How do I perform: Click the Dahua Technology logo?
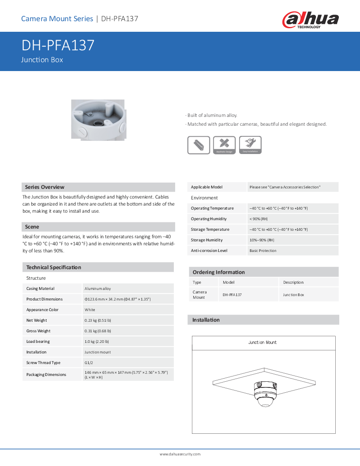tap(311, 20)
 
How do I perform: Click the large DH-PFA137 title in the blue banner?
tap(58, 45)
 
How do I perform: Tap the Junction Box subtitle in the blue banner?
tap(42, 60)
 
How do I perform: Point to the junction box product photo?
tap(98, 119)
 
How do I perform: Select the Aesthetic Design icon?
tap(224, 145)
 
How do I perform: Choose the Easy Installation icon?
tap(250, 145)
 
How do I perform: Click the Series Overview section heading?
tap(45, 187)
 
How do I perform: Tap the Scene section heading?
tap(32, 227)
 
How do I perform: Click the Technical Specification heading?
tap(54, 267)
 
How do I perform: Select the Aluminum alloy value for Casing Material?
tap(98, 289)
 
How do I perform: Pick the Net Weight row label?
tap(37, 320)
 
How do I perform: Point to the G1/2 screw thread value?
tap(89, 363)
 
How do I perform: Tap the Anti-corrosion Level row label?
tap(209, 251)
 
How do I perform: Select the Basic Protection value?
tap(263, 251)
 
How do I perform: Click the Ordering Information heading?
tap(219, 272)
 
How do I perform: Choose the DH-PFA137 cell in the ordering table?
tap(232, 295)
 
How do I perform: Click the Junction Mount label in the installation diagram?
tap(262, 342)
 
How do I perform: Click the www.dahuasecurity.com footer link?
tap(180, 454)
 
